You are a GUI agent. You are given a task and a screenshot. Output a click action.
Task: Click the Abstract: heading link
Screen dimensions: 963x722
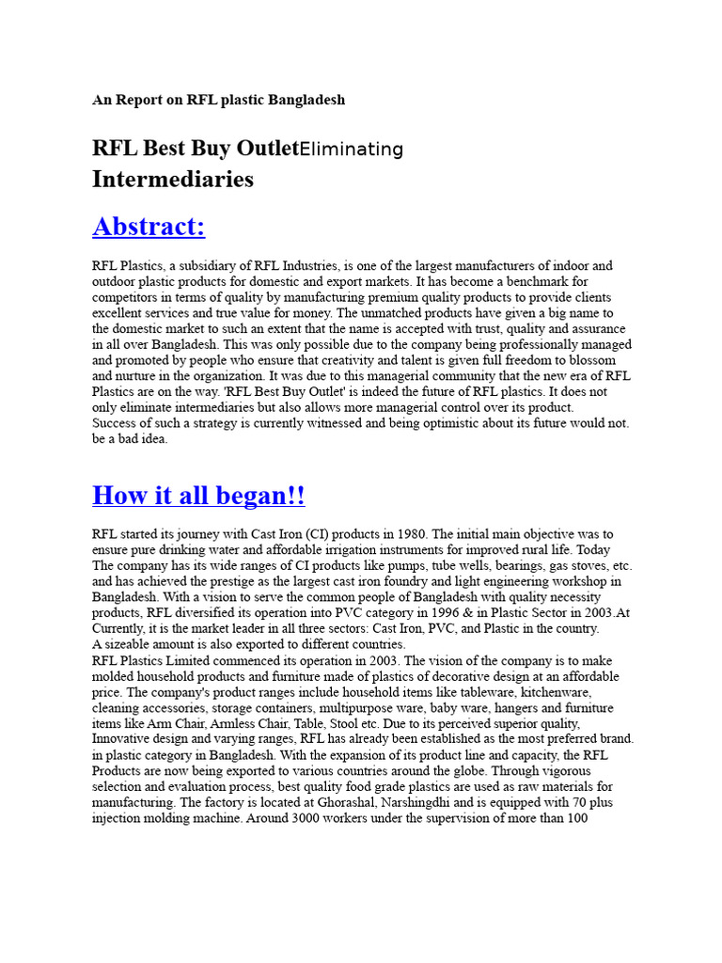click(x=149, y=227)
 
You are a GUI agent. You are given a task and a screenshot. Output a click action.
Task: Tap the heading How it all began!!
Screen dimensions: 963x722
click(x=198, y=495)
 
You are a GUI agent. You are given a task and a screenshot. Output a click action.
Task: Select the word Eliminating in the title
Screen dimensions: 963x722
click(x=350, y=149)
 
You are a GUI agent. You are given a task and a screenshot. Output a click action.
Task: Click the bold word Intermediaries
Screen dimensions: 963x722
click(x=173, y=179)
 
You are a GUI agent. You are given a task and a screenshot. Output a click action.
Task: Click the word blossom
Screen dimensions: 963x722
click(x=590, y=360)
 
